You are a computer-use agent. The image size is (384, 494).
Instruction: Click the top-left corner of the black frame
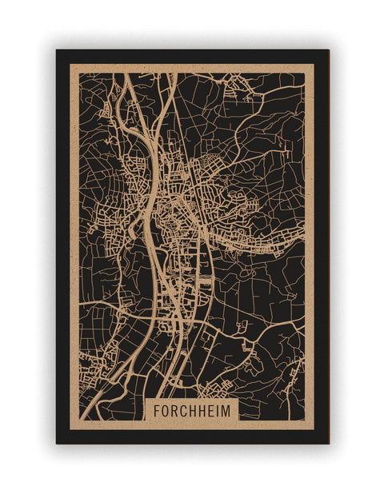57,50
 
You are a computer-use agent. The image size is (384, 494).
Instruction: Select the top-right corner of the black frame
328,50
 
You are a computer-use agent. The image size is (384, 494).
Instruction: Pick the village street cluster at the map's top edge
240,80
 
